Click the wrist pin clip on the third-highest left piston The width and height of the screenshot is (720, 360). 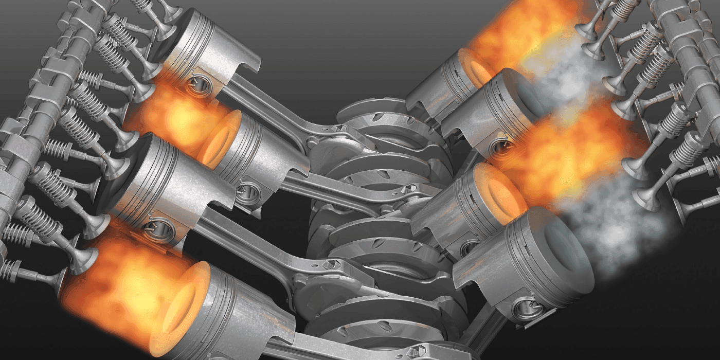coord(152,226)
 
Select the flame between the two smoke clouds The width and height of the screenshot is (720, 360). coord(571,149)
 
